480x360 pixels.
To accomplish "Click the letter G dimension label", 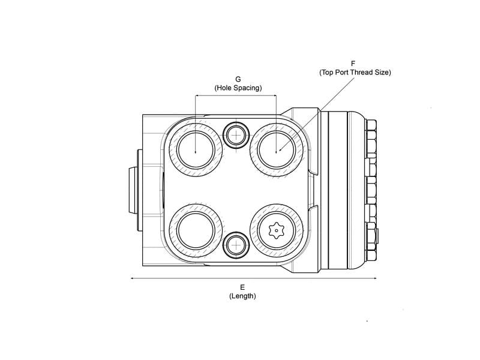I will click(238, 79).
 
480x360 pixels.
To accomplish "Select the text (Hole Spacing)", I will click(238, 88).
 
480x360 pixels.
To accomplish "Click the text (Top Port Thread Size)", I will click(355, 72).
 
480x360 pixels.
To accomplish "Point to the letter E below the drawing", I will click(242, 287).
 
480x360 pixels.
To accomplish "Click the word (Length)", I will click(242, 296).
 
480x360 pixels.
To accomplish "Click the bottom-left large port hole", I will click(196, 231).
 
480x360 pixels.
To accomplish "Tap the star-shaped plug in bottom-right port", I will click(275, 231).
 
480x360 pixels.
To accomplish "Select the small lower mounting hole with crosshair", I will click(236, 244).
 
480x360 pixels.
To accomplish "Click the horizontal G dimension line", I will click(236, 96).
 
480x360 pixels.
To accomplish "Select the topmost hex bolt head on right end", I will click(371, 126).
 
